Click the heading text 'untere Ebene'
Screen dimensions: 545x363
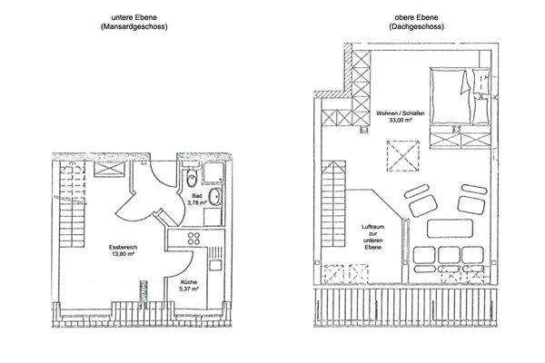134,17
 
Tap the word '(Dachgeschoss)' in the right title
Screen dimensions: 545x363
416,26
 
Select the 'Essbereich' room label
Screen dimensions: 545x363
123,248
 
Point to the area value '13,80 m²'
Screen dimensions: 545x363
123,254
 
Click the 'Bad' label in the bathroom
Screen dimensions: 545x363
197,196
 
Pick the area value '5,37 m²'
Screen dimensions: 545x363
189,289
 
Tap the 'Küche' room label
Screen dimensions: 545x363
189,282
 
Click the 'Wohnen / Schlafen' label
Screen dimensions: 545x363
401,113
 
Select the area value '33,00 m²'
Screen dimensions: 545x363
401,120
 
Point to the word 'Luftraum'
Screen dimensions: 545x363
373,227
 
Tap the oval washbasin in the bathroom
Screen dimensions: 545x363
214,197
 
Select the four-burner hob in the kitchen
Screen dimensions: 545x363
193,239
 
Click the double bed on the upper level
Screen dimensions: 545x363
461,96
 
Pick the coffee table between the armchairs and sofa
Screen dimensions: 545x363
450,228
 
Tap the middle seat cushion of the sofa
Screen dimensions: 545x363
449,255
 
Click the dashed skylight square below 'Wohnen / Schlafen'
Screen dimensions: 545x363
403,155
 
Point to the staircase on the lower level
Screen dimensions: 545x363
72,205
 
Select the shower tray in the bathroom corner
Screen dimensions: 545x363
213,172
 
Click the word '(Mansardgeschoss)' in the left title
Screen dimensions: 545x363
134,26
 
